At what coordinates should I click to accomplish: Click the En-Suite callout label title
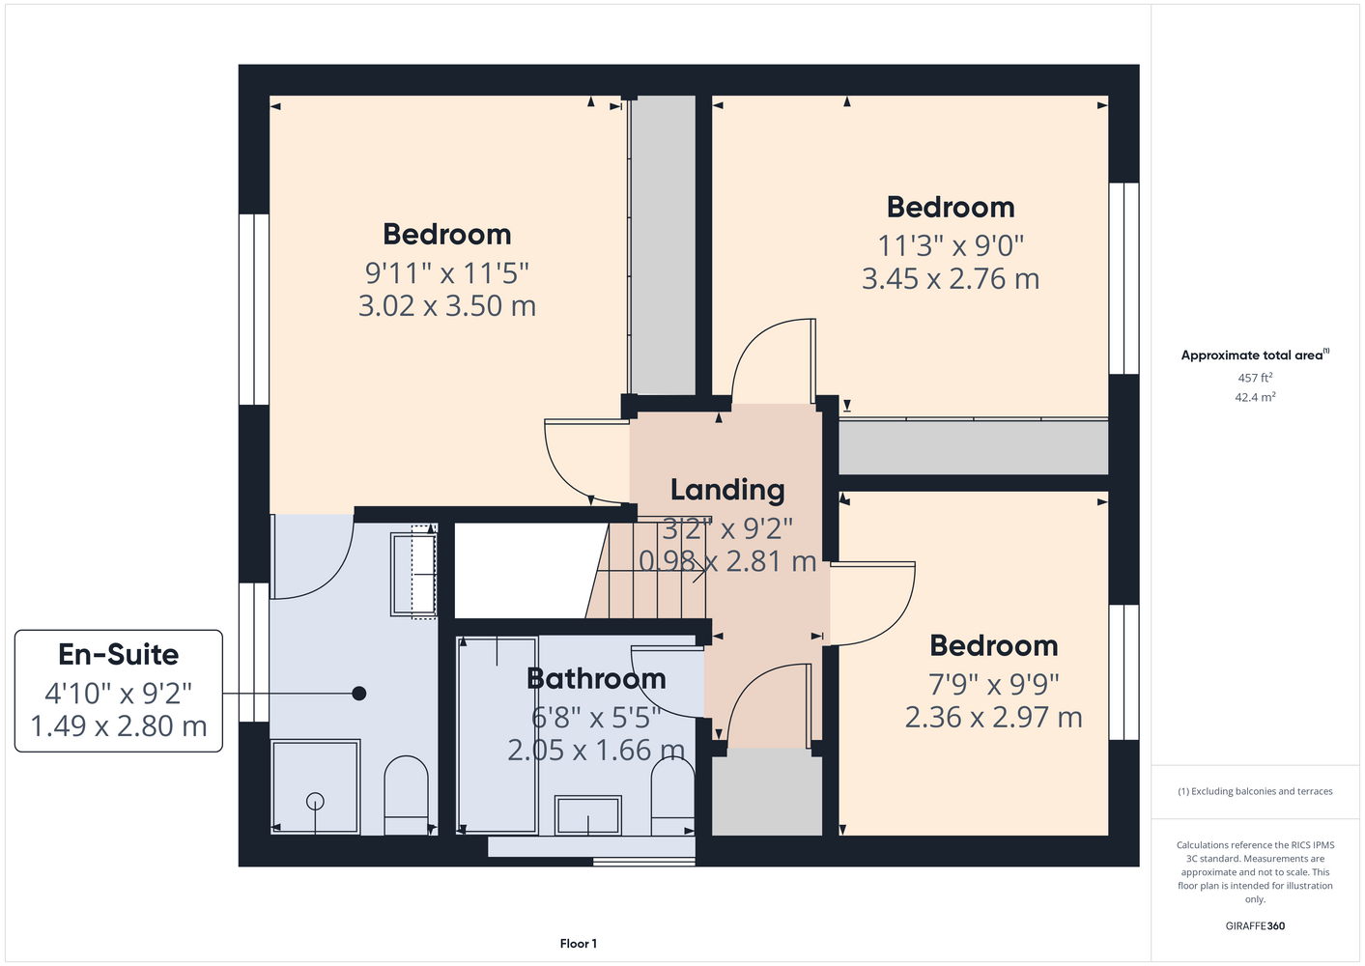click(118, 655)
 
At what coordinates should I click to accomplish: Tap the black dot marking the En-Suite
click(359, 693)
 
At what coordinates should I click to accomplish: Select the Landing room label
click(727, 490)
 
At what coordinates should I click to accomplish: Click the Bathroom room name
click(596, 678)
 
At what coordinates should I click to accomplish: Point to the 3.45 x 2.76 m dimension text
click(950, 279)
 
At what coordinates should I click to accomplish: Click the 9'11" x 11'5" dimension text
click(446, 273)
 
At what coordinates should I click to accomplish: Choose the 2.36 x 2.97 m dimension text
click(993, 718)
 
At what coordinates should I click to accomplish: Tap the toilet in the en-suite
click(406, 795)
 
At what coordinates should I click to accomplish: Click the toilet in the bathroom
click(672, 797)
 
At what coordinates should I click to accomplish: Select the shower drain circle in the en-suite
click(315, 800)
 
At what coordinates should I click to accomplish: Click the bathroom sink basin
click(587, 815)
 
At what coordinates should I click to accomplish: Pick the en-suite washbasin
click(413, 574)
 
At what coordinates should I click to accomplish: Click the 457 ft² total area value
click(1255, 378)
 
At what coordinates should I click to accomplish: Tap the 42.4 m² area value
click(1255, 397)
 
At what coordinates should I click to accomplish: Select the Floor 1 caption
click(579, 944)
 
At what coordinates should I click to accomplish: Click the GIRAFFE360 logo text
click(1255, 925)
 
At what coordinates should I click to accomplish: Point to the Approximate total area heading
click(1255, 355)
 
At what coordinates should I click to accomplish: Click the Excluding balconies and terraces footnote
click(1255, 791)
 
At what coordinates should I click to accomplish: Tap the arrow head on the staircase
click(701, 572)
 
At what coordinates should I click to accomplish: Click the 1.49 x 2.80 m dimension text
click(118, 725)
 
